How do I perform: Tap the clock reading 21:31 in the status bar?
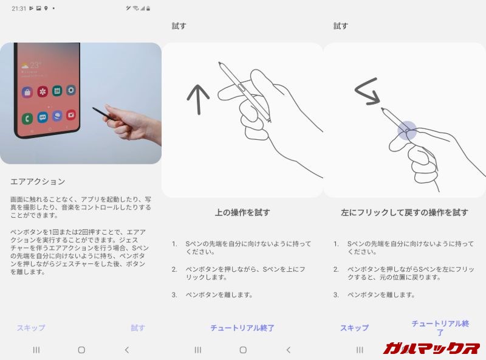(x=18, y=9)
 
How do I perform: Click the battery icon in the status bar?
(x=148, y=9)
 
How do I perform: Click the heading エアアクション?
(x=38, y=182)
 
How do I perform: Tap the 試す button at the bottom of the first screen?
(x=138, y=328)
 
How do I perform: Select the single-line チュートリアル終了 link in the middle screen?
(x=242, y=328)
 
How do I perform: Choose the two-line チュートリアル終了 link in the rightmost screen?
(x=440, y=328)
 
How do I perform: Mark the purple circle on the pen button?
(x=407, y=130)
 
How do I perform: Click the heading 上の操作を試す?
(x=242, y=213)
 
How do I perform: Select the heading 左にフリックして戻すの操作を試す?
(x=404, y=213)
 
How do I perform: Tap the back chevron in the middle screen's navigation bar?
(x=288, y=350)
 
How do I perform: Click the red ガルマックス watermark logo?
(x=431, y=348)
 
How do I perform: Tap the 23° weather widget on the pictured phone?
(x=31, y=66)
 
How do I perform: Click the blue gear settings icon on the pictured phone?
(x=71, y=91)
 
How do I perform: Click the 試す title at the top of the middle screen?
(x=179, y=26)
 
